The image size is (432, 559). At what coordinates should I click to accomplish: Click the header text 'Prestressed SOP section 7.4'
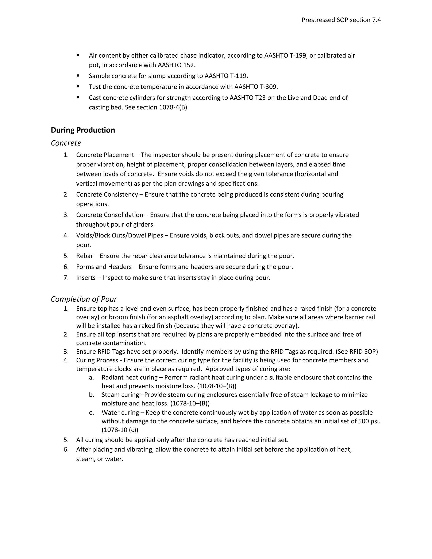point(341,20)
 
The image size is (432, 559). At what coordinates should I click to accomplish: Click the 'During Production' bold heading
point(83,130)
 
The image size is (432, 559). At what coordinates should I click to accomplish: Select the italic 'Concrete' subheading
point(66,143)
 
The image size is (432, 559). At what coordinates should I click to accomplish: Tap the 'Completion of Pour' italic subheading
point(84,299)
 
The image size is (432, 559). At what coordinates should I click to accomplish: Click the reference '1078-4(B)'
point(173,107)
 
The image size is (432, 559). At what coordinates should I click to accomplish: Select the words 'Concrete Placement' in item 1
point(105,155)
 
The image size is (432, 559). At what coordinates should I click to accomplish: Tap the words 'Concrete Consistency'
point(107,194)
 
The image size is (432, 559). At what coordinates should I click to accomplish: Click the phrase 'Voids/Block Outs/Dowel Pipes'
point(120,235)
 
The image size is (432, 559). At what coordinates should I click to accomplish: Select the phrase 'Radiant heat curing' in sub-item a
point(130,378)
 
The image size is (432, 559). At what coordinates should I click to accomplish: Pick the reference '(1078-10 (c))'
point(120,430)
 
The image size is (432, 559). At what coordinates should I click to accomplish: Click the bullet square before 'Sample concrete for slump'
point(78,76)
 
